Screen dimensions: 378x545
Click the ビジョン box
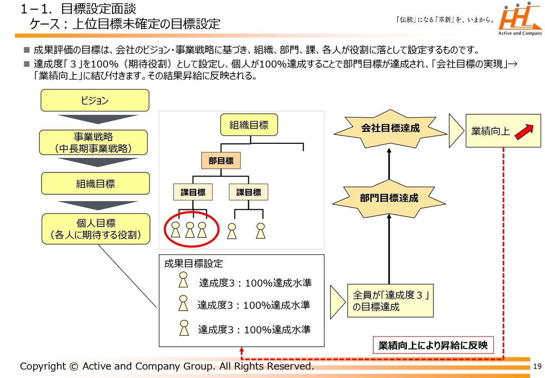point(95,101)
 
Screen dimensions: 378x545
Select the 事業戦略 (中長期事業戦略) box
point(95,142)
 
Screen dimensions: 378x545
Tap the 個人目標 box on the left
point(95,229)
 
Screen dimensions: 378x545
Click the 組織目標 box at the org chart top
point(248,125)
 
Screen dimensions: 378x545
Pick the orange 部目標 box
point(221,161)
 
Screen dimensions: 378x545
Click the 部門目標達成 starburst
point(389,198)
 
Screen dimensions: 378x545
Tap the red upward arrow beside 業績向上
point(523,131)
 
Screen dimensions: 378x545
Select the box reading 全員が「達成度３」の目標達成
point(390,301)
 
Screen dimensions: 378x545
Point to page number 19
point(537,367)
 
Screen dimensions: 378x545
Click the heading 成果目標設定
point(193,263)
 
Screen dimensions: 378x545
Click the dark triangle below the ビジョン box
point(97,120)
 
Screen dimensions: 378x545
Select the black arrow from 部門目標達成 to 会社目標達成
point(389,164)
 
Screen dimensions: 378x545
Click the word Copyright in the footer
point(44,367)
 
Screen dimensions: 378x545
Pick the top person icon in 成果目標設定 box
point(183,280)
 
